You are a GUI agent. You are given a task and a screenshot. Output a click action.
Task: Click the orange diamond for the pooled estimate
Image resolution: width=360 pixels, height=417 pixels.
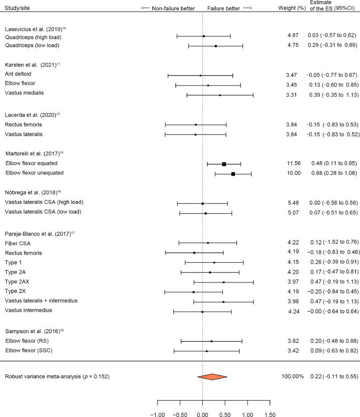pos(212,377)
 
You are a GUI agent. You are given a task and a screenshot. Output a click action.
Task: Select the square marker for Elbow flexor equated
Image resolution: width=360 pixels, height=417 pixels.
pos(224,164)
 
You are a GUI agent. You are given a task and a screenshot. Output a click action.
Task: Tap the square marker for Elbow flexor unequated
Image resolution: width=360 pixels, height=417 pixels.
pos(233,174)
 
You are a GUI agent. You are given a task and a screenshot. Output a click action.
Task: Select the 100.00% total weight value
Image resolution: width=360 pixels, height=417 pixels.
pos(293,377)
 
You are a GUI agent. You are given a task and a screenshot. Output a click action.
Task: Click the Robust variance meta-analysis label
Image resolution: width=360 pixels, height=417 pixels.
pos(57,377)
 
